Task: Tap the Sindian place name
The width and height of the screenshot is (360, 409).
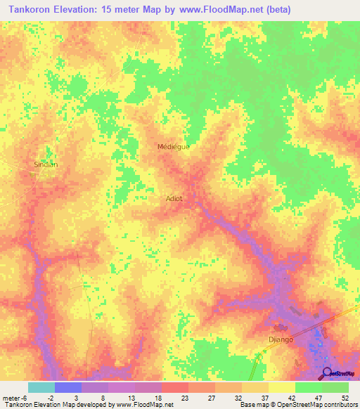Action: pyautogui.click(x=46, y=164)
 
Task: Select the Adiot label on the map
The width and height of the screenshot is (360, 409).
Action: pyautogui.click(x=174, y=198)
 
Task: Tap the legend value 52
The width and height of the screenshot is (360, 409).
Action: pyautogui.click(x=344, y=398)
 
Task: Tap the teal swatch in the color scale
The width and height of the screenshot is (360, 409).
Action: pyautogui.click(x=41, y=387)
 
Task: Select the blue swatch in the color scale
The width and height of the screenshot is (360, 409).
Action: pyautogui.click(x=67, y=387)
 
